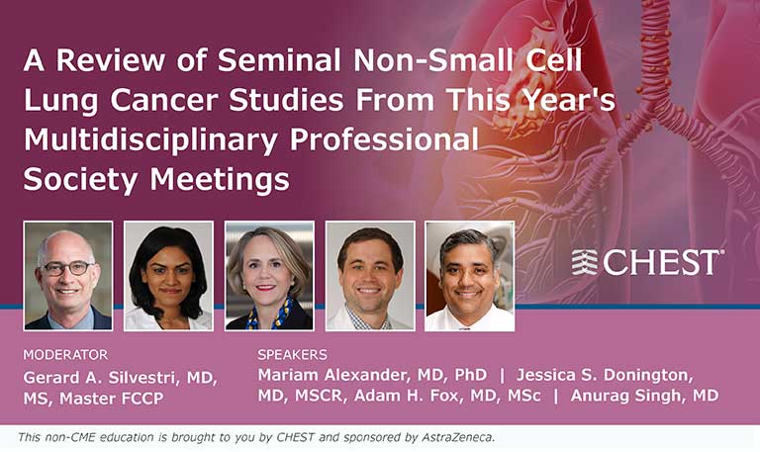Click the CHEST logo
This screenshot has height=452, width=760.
(647, 262)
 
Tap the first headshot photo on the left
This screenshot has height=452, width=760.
(68, 275)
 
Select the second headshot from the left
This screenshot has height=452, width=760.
(168, 275)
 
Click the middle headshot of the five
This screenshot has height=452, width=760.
(269, 275)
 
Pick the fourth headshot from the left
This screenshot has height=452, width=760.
(370, 275)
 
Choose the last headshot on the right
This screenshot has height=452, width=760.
(469, 275)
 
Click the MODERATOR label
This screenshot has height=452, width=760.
(65, 354)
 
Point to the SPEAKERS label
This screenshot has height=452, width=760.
(293, 354)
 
